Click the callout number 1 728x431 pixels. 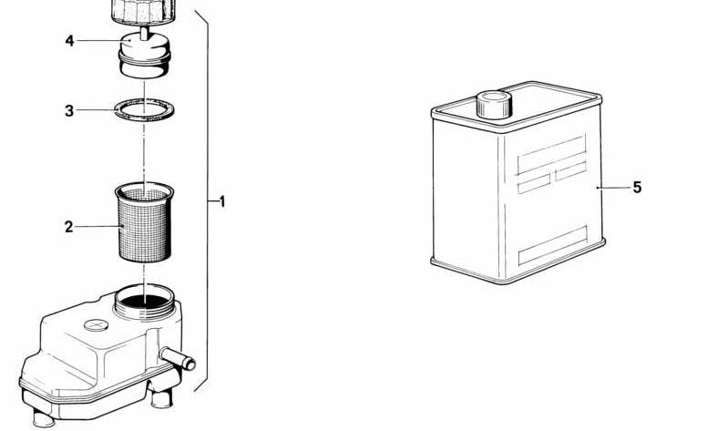pyautogui.click(x=222, y=201)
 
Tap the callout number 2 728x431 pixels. pyautogui.click(x=68, y=227)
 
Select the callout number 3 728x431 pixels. pyautogui.click(x=69, y=111)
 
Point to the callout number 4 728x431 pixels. pyautogui.click(x=69, y=41)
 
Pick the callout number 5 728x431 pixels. pyautogui.click(x=637, y=187)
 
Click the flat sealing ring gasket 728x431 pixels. pyautogui.click(x=144, y=118)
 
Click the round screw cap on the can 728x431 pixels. pyautogui.click(x=494, y=105)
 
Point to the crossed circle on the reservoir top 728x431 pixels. pyautogui.click(x=96, y=324)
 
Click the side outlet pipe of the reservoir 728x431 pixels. pyautogui.click(x=178, y=357)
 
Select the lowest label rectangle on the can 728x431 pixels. pyautogui.click(x=552, y=245)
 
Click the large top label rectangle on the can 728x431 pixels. pyautogui.click(x=551, y=156)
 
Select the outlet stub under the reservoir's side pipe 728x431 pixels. pyautogui.click(x=161, y=397)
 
